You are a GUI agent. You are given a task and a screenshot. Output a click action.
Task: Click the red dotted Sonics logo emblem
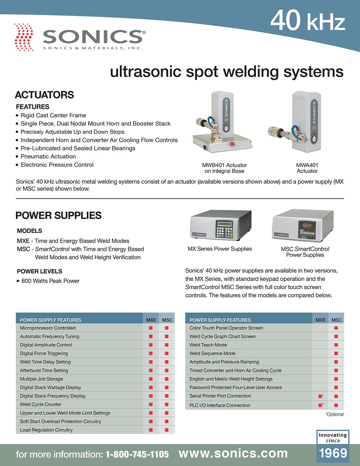click(x=24, y=37)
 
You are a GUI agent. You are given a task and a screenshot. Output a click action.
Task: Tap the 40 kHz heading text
click(x=307, y=21)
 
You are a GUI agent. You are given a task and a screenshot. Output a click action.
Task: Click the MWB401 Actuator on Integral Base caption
click(x=224, y=168)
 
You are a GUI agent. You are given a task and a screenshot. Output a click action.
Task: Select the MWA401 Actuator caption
click(x=307, y=168)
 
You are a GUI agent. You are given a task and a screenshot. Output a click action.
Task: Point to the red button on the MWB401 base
click(x=232, y=144)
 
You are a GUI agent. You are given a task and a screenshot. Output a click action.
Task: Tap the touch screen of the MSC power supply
click(x=307, y=228)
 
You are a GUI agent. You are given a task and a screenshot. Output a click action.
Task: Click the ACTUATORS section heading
click(x=44, y=95)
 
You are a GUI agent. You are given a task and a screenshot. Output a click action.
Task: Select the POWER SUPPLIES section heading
click(x=58, y=215)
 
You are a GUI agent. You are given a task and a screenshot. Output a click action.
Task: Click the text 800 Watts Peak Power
click(x=50, y=281)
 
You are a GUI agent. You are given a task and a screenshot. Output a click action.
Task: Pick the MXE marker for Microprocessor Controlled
click(x=151, y=328)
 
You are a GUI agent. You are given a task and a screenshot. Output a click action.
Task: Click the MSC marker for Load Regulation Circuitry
click(x=167, y=430)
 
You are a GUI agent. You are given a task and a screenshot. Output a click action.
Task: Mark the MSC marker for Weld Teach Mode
click(x=336, y=345)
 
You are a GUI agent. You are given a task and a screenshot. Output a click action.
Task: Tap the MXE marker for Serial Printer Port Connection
click(x=320, y=396)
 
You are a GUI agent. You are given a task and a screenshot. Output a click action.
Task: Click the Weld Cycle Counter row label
click(x=41, y=404)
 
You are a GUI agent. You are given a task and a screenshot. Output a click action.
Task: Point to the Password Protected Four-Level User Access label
click(x=235, y=387)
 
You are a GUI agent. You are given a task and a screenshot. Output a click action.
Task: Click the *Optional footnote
click(x=334, y=414)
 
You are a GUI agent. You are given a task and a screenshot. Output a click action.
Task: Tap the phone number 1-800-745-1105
click(x=137, y=454)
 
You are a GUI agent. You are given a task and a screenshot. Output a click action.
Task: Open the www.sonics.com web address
click(x=233, y=454)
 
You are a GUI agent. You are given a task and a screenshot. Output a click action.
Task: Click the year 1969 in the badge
click(x=333, y=453)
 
